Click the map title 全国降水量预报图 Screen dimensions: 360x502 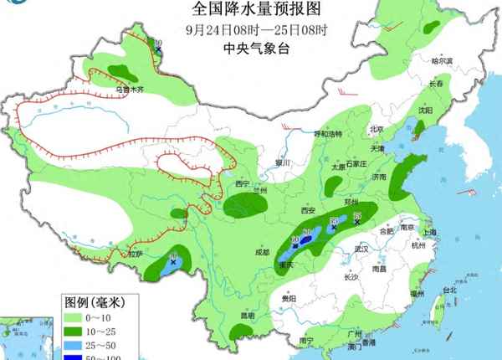[x=250, y=10]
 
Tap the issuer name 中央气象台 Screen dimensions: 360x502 [x=250, y=48]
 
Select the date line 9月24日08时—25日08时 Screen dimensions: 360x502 [x=250, y=28]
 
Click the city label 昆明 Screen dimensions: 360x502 [x=246, y=316]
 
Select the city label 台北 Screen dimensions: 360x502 [x=448, y=291]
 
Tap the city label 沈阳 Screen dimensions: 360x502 [x=426, y=110]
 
